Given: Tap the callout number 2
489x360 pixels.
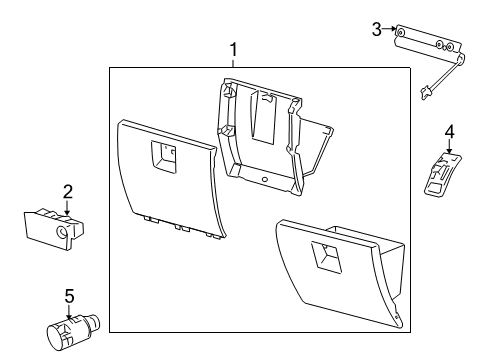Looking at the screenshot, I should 67,191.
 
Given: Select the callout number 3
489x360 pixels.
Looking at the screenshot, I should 376,29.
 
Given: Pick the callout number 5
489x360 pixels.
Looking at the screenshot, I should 68,296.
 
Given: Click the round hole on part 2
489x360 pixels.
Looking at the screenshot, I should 62,232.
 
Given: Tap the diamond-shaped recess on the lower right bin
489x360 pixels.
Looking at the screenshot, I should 328,257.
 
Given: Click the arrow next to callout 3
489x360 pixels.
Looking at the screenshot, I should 390,31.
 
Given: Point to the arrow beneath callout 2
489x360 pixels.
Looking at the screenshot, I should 67,207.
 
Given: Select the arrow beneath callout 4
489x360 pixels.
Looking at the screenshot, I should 449,146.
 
